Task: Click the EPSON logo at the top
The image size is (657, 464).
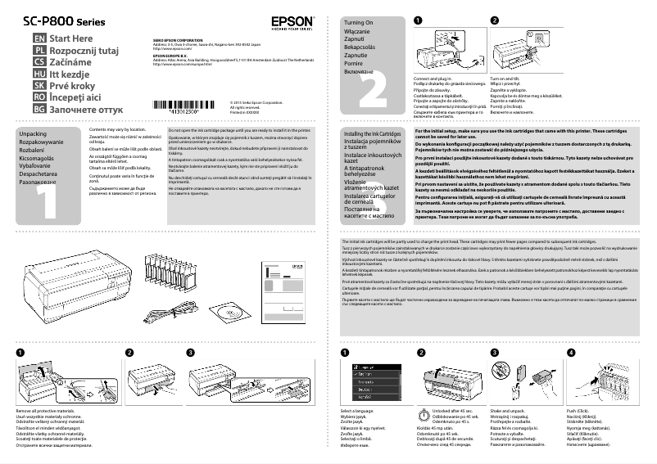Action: tap(290, 22)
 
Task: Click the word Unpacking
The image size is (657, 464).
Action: tap(33, 133)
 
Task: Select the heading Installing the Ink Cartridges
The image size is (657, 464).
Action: tap(373, 133)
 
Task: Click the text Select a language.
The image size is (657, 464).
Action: tap(358, 409)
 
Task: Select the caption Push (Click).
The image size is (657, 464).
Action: tap(575, 409)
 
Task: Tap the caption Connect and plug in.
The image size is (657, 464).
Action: tap(433, 79)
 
